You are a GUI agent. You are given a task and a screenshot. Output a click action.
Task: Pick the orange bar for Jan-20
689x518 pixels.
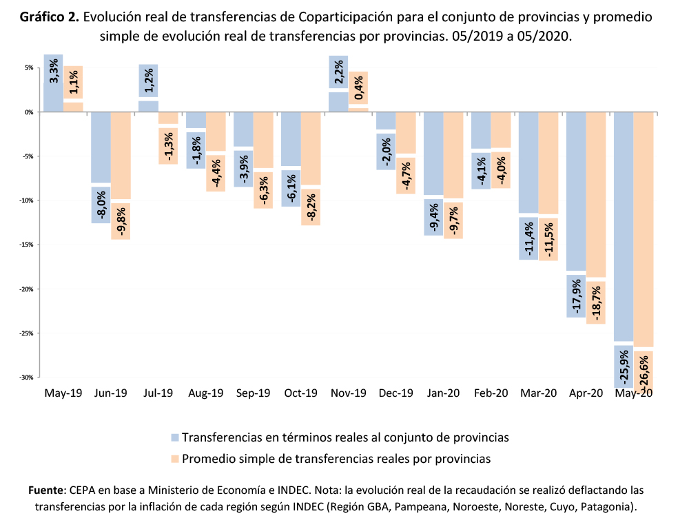point(453,155)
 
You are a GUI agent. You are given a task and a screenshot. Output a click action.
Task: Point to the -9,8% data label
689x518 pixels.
point(121,221)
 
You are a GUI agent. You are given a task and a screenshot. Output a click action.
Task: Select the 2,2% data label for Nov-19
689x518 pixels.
point(338,72)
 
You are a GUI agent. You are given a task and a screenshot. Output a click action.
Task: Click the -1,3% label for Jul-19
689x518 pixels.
point(169,144)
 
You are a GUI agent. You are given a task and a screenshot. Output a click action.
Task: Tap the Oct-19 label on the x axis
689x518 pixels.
point(300,393)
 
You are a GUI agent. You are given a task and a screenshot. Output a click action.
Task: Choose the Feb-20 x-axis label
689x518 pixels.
point(491,393)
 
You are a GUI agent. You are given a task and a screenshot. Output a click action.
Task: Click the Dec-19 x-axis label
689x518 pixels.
point(396,393)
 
